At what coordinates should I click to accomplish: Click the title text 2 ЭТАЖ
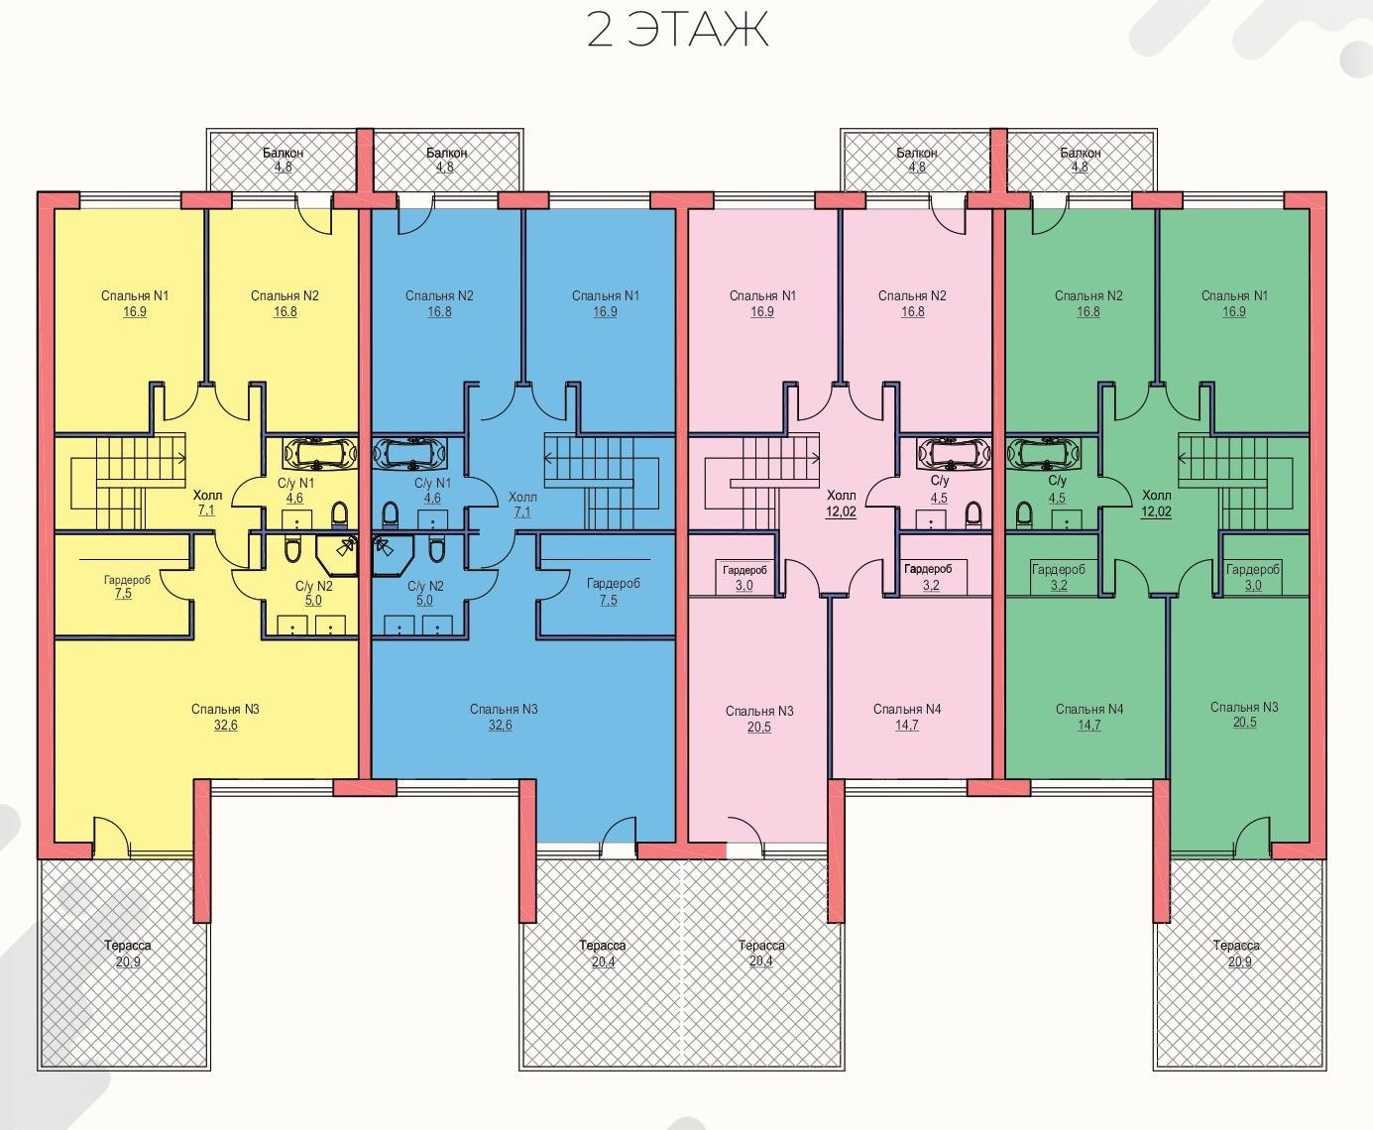(x=677, y=30)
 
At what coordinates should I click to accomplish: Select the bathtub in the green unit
(x=1043, y=453)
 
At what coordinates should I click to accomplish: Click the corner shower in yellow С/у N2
(x=337, y=555)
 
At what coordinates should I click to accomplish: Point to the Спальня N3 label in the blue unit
(x=504, y=709)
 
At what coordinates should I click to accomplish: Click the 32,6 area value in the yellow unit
(x=226, y=726)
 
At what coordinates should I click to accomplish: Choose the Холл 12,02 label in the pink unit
(x=841, y=504)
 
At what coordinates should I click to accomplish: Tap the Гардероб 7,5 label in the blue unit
(x=613, y=592)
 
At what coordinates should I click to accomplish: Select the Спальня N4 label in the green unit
(x=1089, y=709)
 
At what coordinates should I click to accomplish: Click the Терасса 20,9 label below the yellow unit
(x=128, y=954)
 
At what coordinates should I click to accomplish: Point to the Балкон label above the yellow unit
(x=283, y=153)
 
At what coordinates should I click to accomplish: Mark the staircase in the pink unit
(x=761, y=483)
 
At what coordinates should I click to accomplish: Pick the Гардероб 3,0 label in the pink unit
(x=744, y=577)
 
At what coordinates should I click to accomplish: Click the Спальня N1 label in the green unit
(x=1234, y=296)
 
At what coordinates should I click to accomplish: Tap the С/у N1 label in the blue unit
(x=432, y=484)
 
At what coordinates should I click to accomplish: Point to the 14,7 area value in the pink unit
(x=907, y=726)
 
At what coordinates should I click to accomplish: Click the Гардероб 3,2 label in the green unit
(x=1059, y=577)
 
